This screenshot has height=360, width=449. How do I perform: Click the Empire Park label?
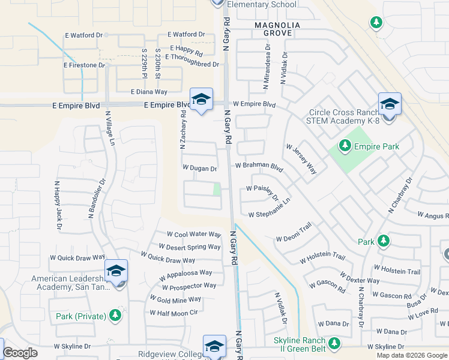(x=376, y=146)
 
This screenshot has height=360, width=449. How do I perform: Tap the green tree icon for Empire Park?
(x=345, y=145)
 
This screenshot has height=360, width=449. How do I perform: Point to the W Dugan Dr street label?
(x=199, y=169)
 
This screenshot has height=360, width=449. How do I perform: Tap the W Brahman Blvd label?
(x=259, y=165)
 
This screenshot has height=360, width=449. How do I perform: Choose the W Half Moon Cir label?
(x=173, y=313)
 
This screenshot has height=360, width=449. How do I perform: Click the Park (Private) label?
(x=81, y=316)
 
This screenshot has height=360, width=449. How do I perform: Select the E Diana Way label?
(x=149, y=92)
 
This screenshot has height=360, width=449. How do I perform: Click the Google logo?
(x=20, y=353)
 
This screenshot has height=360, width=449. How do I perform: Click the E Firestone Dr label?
(x=84, y=65)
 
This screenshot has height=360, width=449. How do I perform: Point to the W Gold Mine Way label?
(x=175, y=299)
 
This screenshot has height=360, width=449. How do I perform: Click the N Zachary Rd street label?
(x=182, y=130)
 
